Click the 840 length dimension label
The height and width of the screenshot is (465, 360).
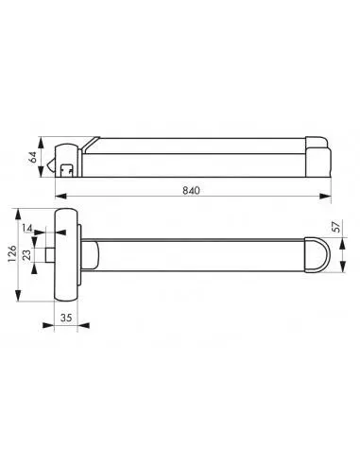pyautogui.click(x=191, y=191)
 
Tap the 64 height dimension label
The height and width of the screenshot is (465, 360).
pyautogui.click(x=33, y=157)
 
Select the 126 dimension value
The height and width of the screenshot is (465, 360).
pyautogui.click(x=11, y=253)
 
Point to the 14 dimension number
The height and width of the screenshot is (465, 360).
pyautogui.click(x=27, y=228)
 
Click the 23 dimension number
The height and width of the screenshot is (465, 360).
pyautogui.click(x=26, y=254)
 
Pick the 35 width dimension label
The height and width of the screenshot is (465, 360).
pyautogui.click(x=66, y=318)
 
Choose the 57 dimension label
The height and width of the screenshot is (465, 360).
pyautogui.click(x=336, y=227)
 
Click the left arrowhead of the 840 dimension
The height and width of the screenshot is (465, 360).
pyautogui.click(x=61, y=197)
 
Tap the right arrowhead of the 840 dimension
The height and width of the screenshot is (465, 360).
pyautogui.click(x=325, y=197)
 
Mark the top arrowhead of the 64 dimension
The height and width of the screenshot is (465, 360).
pyautogui.click(x=41, y=143)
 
